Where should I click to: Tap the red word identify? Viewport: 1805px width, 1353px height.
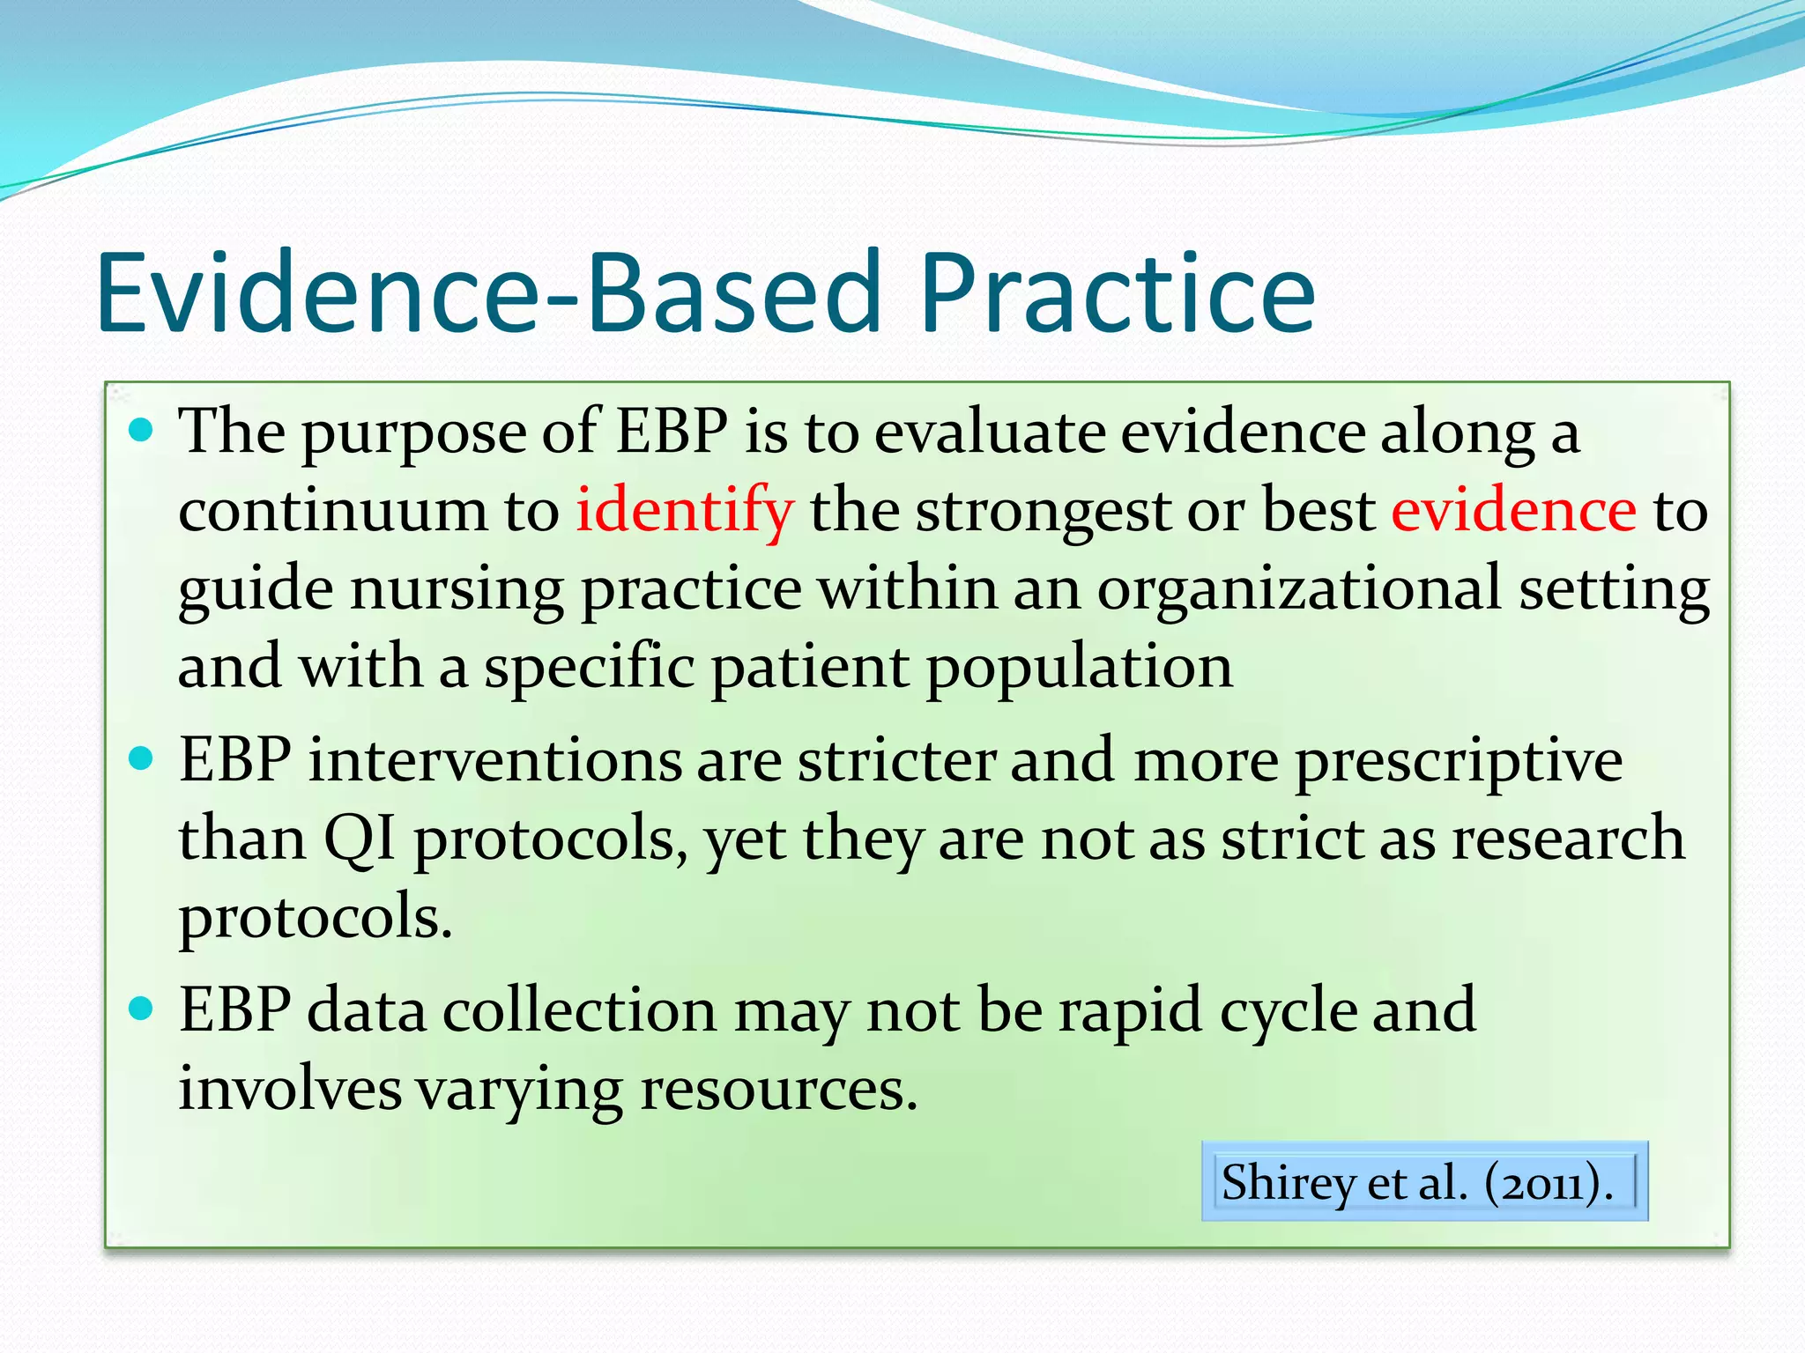click(685, 510)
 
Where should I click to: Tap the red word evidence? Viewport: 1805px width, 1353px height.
click(1513, 510)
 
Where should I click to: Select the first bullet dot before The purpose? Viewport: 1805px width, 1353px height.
click(141, 431)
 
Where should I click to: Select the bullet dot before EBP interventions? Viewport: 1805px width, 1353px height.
click(141, 758)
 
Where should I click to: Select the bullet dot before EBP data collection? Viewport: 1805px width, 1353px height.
click(141, 1008)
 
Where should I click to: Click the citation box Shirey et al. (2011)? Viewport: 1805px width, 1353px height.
click(1424, 1181)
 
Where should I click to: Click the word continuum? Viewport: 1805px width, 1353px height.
click(332, 510)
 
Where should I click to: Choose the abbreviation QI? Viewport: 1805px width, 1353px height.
click(360, 839)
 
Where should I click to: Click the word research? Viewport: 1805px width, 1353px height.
click(1568, 839)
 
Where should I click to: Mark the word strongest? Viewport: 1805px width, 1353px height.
click(1043, 512)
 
